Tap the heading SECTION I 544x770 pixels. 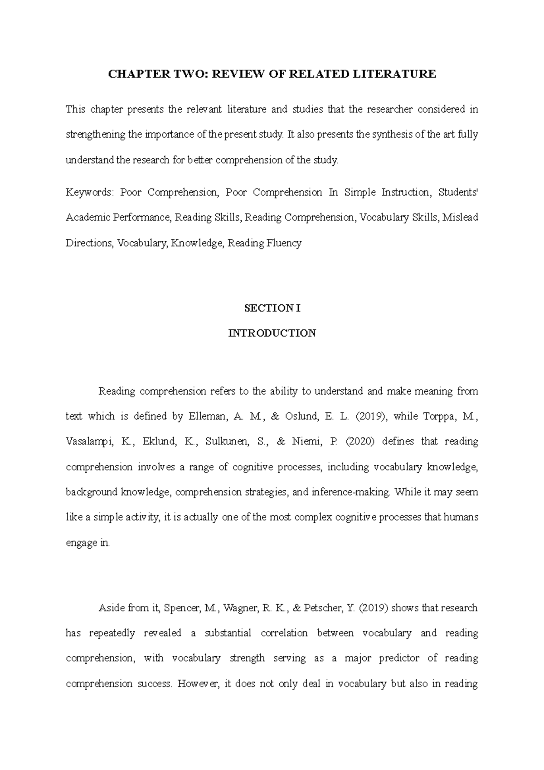coord(272,308)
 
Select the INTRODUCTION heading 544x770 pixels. coord(272,333)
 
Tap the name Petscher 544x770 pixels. coord(323,608)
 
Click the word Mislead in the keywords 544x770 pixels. coord(460,218)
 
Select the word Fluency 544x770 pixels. coord(284,243)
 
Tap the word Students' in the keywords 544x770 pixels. coord(458,192)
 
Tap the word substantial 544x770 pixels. coord(226,633)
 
